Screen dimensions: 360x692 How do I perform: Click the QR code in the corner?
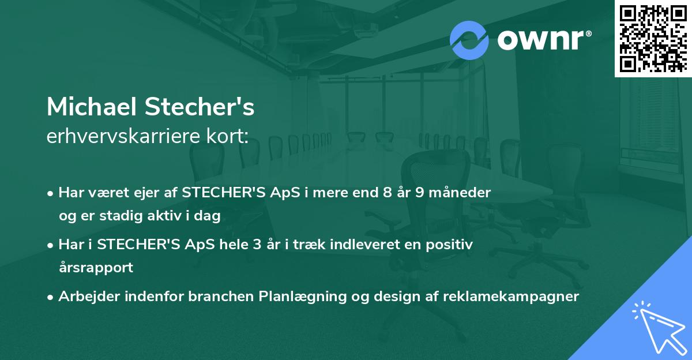point(652,38)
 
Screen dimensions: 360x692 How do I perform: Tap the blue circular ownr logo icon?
point(469,39)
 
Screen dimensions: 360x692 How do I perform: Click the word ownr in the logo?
point(542,39)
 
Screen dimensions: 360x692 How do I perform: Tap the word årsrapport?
point(96,268)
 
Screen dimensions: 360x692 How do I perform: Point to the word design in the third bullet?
point(398,297)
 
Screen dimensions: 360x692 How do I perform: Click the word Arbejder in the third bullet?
point(85,297)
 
